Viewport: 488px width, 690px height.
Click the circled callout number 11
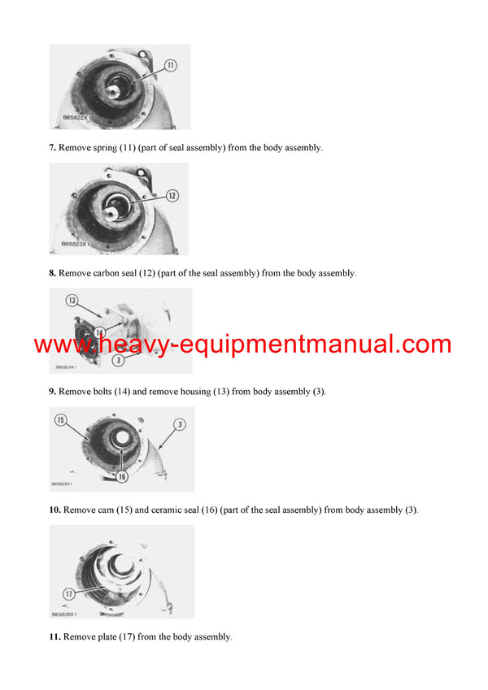tap(171, 65)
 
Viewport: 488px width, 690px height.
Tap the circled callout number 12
tap(172, 196)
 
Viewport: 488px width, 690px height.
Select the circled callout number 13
tap(72, 301)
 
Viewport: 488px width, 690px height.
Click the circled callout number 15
tap(60, 420)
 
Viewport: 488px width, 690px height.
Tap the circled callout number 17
tap(69, 595)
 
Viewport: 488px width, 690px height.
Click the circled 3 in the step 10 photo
tap(179, 423)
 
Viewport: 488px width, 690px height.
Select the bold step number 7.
tap(53, 148)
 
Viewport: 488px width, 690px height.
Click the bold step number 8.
tap(53, 273)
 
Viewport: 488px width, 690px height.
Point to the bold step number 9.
tap(53, 392)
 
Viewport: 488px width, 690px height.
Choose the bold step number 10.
tap(54, 510)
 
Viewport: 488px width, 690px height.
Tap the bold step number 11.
tap(54, 637)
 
